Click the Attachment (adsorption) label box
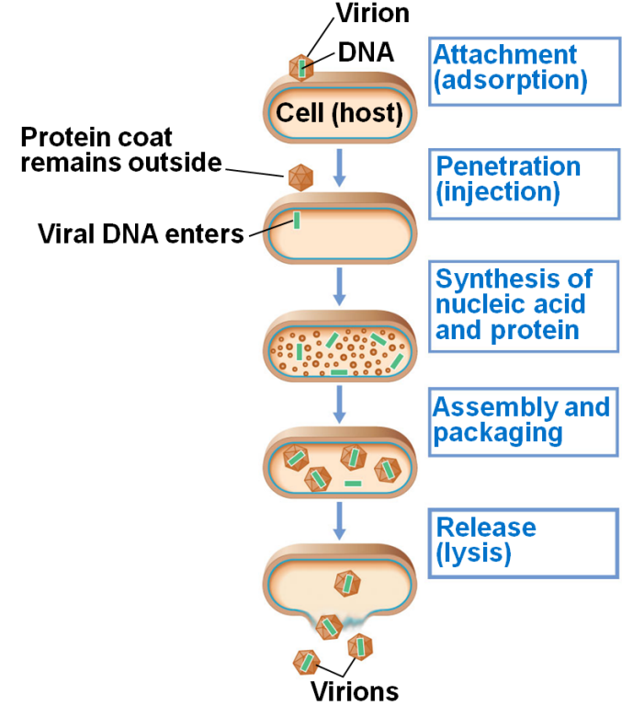(521, 70)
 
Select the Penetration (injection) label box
(521, 180)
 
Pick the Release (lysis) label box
(521, 541)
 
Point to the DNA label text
(366, 53)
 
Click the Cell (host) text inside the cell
(341, 113)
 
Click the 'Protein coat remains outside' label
(121, 150)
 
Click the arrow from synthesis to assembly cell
(339, 402)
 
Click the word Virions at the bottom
(354, 691)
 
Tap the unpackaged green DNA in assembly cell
(353, 483)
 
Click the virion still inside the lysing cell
(346, 582)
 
